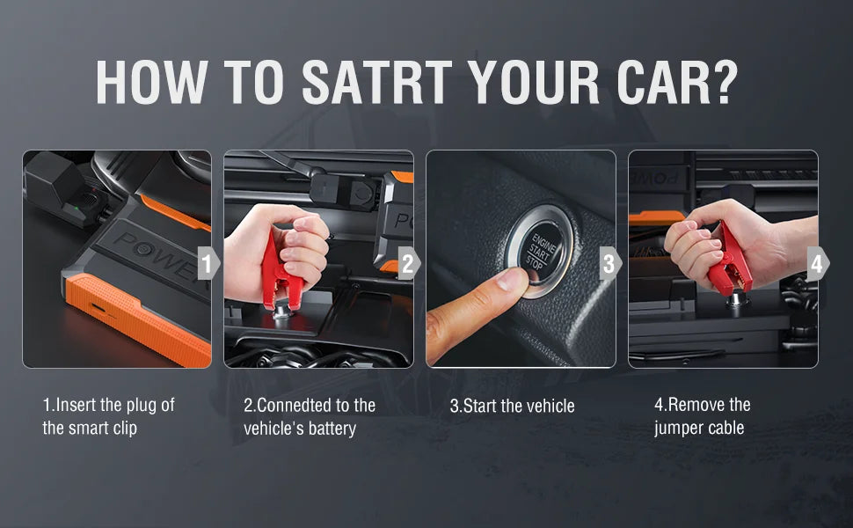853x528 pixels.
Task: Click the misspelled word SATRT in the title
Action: click(x=377, y=82)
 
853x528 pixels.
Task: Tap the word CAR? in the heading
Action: click(x=677, y=82)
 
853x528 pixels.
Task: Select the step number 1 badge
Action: click(x=208, y=263)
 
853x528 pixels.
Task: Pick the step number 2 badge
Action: click(x=409, y=263)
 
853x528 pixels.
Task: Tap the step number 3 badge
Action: click(x=610, y=263)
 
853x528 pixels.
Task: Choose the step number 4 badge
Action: click(x=818, y=263)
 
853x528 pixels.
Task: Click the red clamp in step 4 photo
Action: click(x=731, y=260)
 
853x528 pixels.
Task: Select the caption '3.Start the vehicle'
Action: click(x=512, y=406)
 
